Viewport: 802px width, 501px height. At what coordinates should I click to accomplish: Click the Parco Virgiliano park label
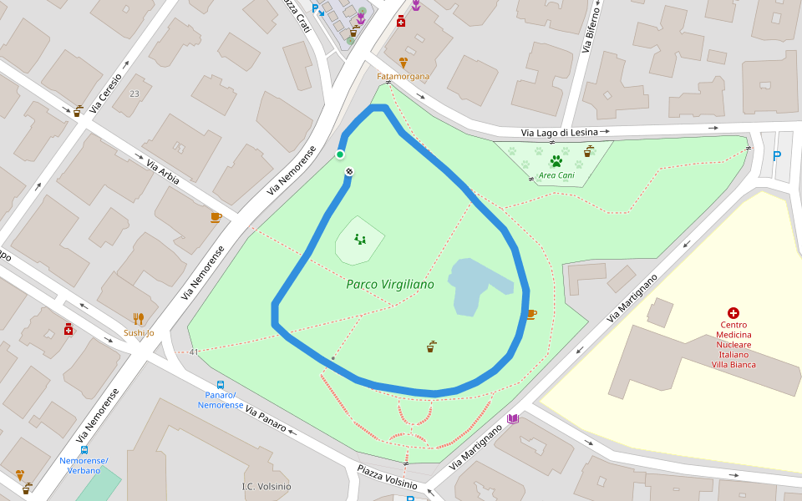click(390, 285)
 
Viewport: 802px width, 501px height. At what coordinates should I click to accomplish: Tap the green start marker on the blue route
click(340, 154)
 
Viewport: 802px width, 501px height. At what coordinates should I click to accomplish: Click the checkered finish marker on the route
click(349, 171)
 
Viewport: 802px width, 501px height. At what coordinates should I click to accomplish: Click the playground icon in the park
click(360, 240)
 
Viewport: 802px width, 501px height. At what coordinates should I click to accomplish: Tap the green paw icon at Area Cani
click(556, 161)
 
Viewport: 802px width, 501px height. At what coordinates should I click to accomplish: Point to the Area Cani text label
click(556, 175)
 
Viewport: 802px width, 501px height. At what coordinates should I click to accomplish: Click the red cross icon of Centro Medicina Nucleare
click(733, 312)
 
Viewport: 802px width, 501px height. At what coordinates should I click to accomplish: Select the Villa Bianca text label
click(733, 364)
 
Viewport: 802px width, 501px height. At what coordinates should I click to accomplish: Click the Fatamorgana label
click(404, 77)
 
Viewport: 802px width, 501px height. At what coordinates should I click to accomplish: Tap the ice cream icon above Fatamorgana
click(404, 63)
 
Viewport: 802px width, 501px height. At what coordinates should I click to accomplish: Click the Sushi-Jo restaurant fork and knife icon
click(139, 318)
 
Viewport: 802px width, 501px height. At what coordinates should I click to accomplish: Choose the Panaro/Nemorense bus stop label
click(221, 400)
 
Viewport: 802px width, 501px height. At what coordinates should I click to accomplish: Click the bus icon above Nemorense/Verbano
click(84, 450)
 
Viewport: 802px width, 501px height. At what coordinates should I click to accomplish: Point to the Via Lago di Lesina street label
click(560, 132)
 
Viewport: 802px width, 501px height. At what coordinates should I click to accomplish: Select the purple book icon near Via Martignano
click(513, 418)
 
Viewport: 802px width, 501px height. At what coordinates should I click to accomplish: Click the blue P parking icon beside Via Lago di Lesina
click(777, 155)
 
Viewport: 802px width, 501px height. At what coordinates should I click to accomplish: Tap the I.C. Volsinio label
click(266, 487)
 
